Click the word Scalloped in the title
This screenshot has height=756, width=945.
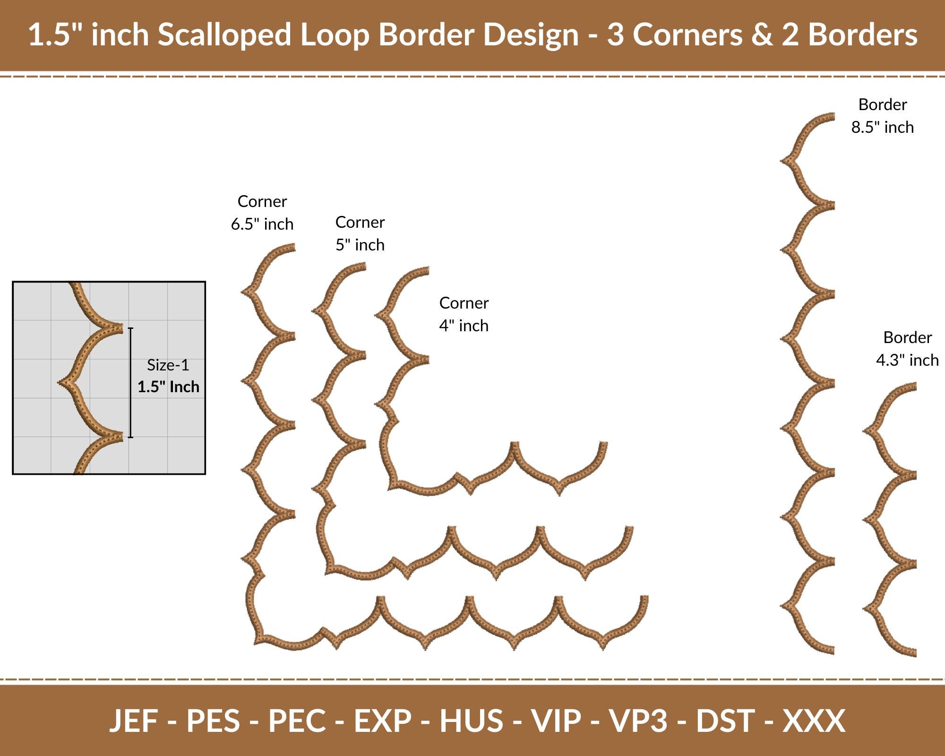pos(224,35)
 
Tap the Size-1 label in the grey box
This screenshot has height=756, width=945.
pos(168,365)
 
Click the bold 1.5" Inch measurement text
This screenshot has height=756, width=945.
pos(168,387)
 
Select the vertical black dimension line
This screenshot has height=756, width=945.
pos(131,382)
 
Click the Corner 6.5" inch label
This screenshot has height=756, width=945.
pos(262,213)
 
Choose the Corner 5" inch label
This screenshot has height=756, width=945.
pos(360,233)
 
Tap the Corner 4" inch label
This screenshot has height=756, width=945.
pos(464,314)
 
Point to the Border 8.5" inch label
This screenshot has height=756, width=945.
pos(883,116)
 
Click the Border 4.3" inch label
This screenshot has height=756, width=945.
pos(907,349)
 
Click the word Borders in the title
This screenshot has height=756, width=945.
pos(863,35)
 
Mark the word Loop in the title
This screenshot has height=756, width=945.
pos(335,35)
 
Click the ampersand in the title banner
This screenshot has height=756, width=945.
pos(762,35)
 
